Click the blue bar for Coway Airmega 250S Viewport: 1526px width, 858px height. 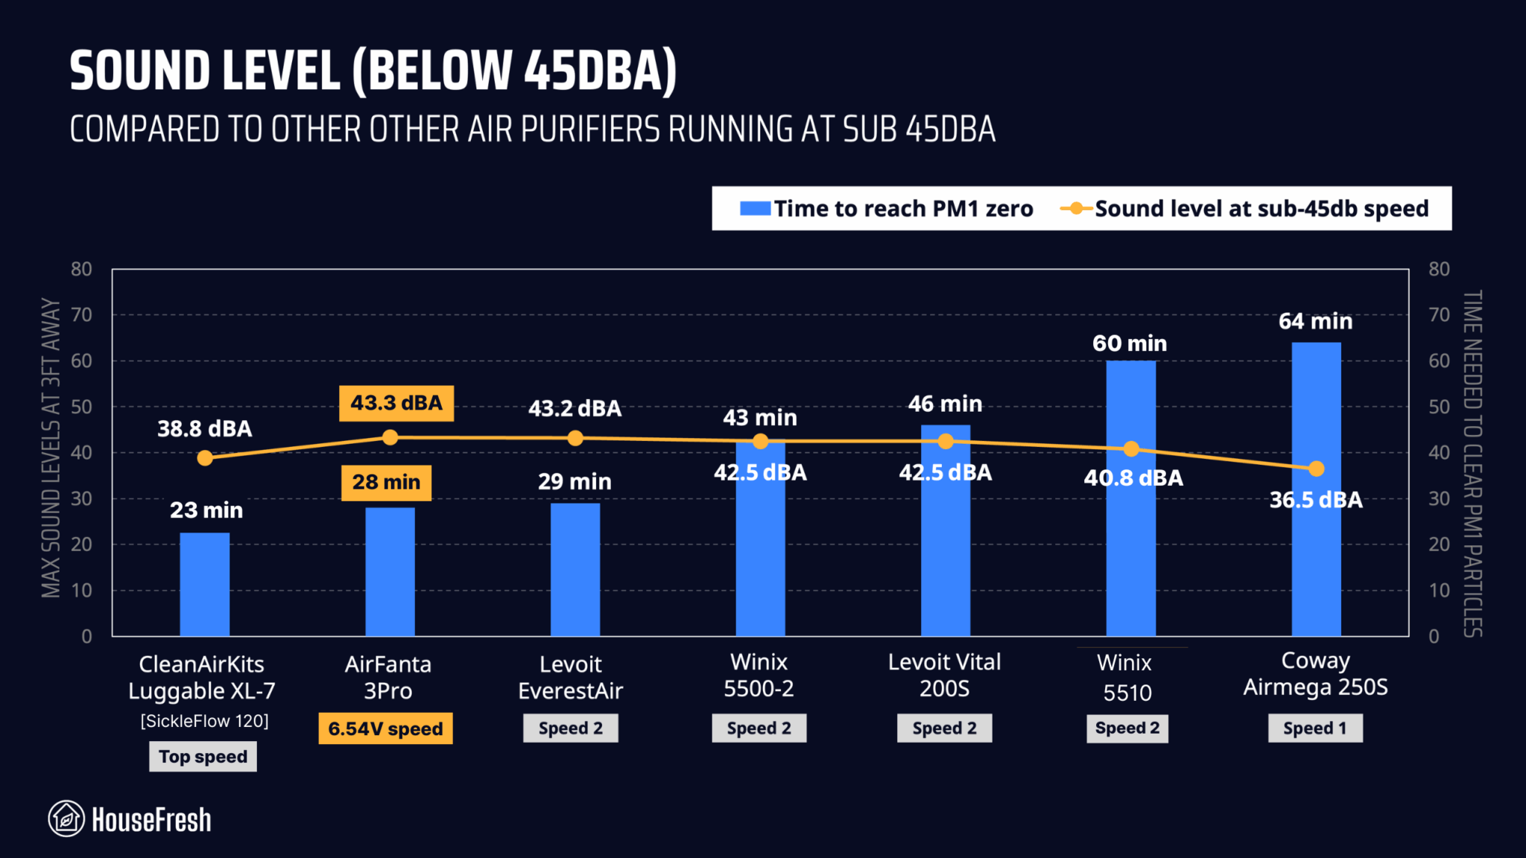coord(1316,566)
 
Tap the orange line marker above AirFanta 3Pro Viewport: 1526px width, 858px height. coord(390,437)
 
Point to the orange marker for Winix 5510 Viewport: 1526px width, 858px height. coord(1131,448)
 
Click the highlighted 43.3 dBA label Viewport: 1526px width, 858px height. coord(396,403)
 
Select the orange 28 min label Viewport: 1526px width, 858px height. coord(386,482)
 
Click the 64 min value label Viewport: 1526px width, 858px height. coord(1315,321)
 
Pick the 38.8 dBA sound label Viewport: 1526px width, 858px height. coord(205,428)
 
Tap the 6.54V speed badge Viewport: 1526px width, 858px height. coord(385,728)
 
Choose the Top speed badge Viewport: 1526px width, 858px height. coord(203,757)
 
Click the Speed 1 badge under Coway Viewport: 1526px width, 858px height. coord(1315,728)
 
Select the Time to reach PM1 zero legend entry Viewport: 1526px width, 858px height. coord(887,209)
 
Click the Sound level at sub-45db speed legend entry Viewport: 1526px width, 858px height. coord(1244,209)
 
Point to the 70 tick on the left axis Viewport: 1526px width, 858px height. coord(82,314)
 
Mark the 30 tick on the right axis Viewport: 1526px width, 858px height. coord(1439,498)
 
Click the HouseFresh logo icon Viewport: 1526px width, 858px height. coord(66,819)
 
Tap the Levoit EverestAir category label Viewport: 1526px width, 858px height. coord(571,677)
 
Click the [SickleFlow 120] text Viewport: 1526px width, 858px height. coord(205,721)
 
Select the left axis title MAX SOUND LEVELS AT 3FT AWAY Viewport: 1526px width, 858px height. coord(51,447)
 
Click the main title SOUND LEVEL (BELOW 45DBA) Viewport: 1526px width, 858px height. coord(373,71)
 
